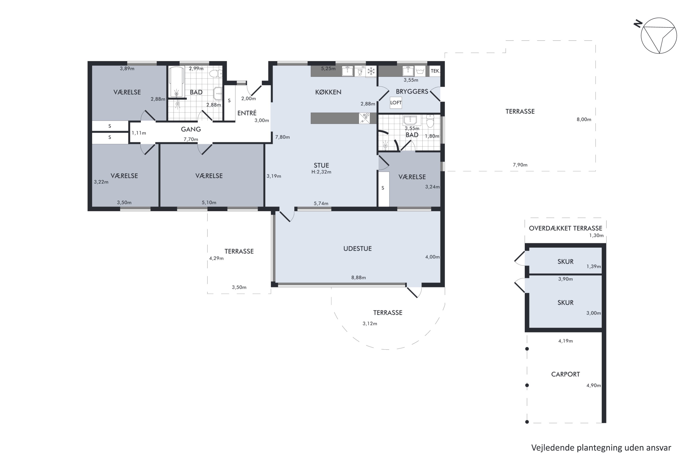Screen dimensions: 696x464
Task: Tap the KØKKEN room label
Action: [328, 92]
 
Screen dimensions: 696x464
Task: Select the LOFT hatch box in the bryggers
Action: [396, 103]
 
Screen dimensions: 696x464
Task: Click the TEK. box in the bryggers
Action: [435, 71]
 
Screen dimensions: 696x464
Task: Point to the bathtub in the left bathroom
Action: [176, 82]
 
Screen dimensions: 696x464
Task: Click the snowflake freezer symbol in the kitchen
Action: [371, 71]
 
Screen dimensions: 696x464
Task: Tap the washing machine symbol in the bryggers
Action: [420, 71]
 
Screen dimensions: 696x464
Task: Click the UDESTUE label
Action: [358, 248]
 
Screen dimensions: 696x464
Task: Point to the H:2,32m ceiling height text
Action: [321, 172]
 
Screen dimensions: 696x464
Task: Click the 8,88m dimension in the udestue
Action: [358, 277]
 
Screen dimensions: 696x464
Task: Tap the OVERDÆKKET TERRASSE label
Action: [565, 228]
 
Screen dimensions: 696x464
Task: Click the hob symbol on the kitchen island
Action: [364, 118]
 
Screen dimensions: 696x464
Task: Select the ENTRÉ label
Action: [247, 113]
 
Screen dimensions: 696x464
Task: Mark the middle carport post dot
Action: [527, 385]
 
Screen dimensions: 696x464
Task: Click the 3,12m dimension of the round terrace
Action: [370, 323]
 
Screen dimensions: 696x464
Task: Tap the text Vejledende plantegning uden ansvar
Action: [601, 448]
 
